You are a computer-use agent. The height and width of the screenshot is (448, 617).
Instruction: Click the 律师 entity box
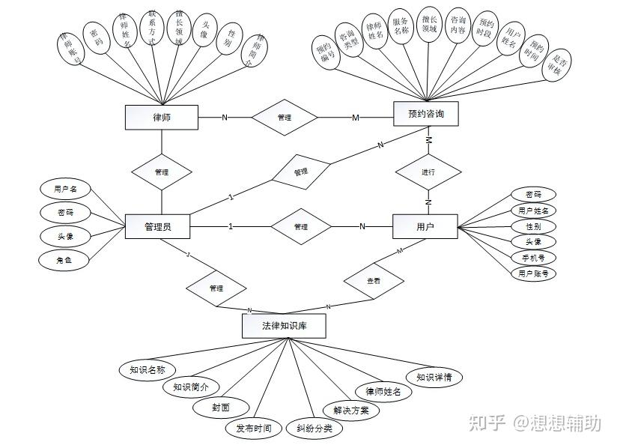click(x=161, y=117)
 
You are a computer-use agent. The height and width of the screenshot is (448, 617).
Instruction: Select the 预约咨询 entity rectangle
click(x=425, y=114)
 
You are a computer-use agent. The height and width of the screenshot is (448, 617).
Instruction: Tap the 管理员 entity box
click(x=157, y=226)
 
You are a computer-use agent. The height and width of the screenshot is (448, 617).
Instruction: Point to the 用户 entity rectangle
click(x=425, y=226)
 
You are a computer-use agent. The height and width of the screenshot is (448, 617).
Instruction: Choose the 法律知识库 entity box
click(x=284, y=327)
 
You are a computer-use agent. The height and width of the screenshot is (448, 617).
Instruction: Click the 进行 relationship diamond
click(x=428, y=172)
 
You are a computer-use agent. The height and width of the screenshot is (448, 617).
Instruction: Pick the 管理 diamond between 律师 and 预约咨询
click(x=284, y=118)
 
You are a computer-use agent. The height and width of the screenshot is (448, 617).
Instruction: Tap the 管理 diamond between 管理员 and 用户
click(x=300, y=226)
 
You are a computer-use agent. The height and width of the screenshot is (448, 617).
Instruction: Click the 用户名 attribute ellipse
click(x=66, y=189)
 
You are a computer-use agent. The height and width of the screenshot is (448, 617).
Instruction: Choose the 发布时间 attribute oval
click(x=254, y=429)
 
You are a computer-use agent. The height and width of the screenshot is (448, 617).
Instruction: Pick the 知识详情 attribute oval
click(x=434, y=377)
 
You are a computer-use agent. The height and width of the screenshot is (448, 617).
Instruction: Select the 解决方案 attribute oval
click(x=351, y=411)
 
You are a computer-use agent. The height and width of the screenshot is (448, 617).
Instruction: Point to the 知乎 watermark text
click(x=487, y=423)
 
